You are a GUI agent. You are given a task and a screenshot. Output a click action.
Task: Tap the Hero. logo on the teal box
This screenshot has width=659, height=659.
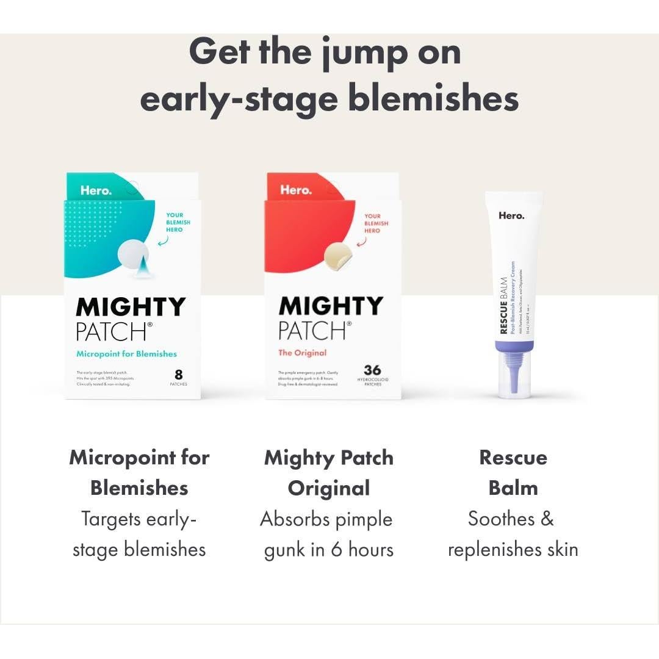click(x=96, y=190)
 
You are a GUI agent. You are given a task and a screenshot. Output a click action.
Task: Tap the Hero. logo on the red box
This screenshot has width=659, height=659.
click(x=295, y=190)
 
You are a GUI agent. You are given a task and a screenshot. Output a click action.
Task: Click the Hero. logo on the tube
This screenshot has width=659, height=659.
click(x=511, y=215)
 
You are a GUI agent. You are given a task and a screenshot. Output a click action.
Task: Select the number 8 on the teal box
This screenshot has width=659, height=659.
click(x=178, y=374)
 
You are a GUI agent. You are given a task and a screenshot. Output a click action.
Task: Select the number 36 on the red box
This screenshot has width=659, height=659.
click(x=372, y=370)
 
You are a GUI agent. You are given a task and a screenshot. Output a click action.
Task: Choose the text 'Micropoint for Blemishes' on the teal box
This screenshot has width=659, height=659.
click(x=126, y=354)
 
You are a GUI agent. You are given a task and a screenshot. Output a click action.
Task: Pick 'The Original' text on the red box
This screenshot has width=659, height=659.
click(x=302, y=353)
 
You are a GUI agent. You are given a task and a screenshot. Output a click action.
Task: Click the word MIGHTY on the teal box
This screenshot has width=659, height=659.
click(x=131, y=306)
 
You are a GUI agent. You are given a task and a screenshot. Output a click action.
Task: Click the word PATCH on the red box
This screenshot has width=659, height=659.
click(x=311, y=330)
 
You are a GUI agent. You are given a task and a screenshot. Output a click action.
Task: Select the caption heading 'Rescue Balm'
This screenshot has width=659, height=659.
click(x=513, y=473)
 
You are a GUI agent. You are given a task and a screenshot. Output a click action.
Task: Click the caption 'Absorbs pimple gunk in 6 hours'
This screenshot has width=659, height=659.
click(x=328, y=535)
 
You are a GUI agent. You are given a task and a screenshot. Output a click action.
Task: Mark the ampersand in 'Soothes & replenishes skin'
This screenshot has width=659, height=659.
click(x=547, y=519)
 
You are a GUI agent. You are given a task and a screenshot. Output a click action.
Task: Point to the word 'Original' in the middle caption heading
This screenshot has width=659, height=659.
click(x=328, y=488)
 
